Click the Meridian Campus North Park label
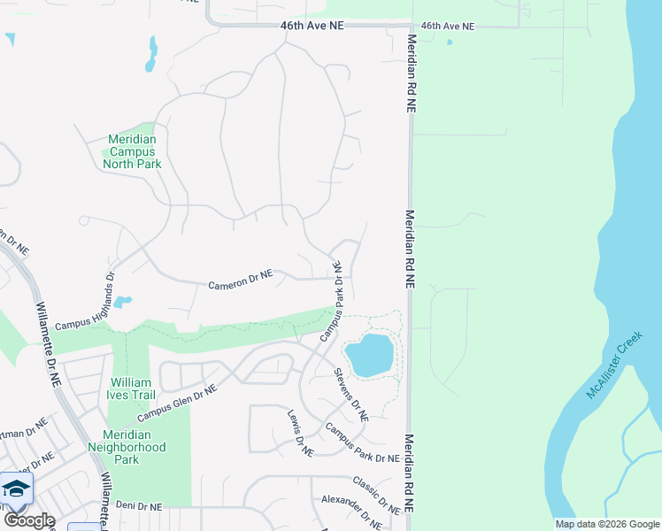pos(132,151)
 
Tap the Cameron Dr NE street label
pos(241,281)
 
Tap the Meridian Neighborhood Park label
pos(133,447)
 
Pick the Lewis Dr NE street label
pos(300,433)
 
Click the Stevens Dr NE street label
pos(351,395)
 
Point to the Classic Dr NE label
pos(376,496)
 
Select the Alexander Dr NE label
pos(351,512)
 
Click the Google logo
pos(29,520)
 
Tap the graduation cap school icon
pos(15,489)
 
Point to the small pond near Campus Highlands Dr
pos(122,303)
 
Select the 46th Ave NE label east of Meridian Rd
pos(448,27)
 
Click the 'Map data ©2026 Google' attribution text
pos(607,524)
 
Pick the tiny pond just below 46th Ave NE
pos(450,42)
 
